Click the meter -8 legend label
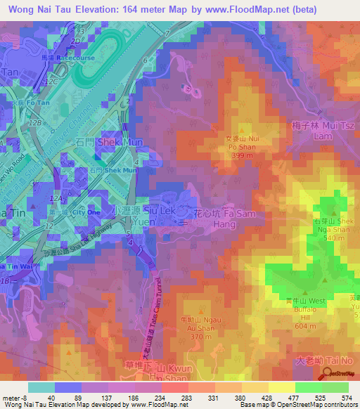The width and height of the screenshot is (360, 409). (x=14, y=398)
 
